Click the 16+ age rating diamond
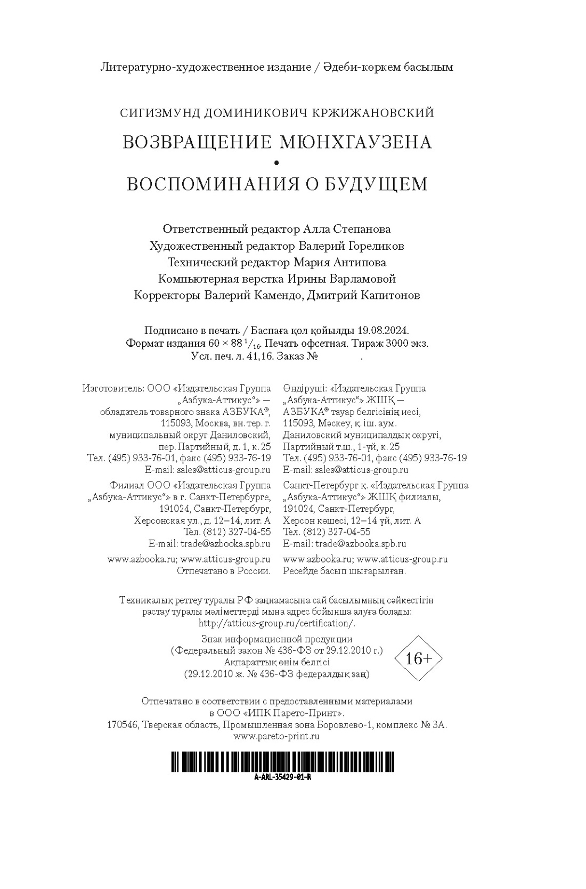coord(418,658)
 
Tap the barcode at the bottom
coord(282,762)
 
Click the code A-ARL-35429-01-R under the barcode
coord(282,777)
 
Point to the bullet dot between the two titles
coord(276,162)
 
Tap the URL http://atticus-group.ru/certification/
coord(276,623)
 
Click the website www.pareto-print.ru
coord(276,737)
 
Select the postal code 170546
coord(123,725)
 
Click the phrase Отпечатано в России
coord(223,571)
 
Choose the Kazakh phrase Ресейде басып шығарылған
coord(345,571)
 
